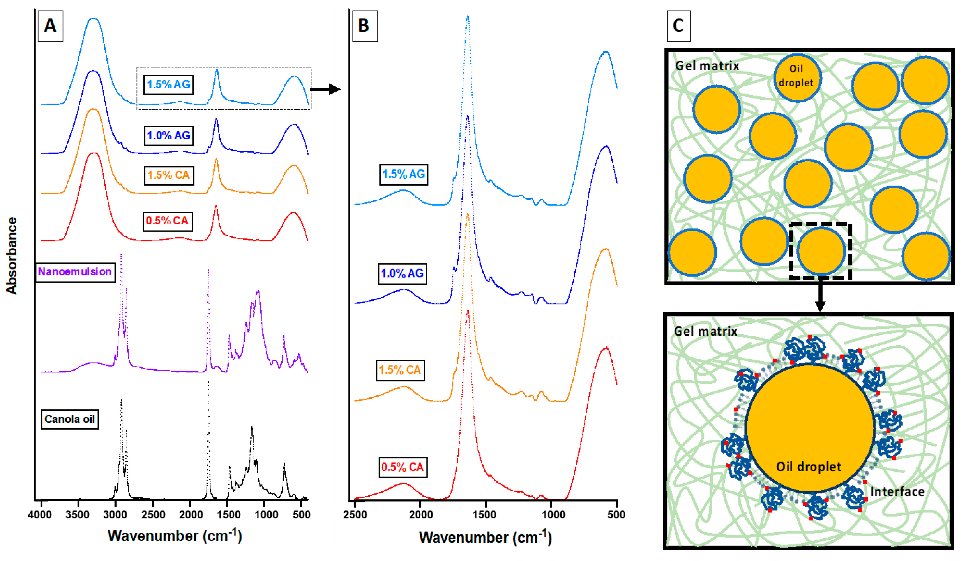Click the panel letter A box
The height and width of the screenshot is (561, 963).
coord(51,26)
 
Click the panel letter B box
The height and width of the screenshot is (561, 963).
coord(365,26)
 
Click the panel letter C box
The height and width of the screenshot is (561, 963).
coord(678,26)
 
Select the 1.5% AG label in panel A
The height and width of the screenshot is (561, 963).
coord(169,85)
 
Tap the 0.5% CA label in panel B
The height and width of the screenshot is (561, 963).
coord(403,467)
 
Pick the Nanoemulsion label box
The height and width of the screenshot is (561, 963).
coord(75,272)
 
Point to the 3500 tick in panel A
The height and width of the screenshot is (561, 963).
coord(78,514)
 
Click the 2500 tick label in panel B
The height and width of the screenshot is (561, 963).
coord(355,514)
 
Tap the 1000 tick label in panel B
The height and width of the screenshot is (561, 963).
coord(553,514)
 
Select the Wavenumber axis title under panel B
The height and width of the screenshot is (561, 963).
coord(485,537)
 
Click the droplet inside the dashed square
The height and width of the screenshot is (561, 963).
coord(821,251)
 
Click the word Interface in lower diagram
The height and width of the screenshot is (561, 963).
coord(897,492)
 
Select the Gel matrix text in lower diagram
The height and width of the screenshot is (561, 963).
coord(705,331)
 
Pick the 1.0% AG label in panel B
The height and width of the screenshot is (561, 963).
coord(402,274)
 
